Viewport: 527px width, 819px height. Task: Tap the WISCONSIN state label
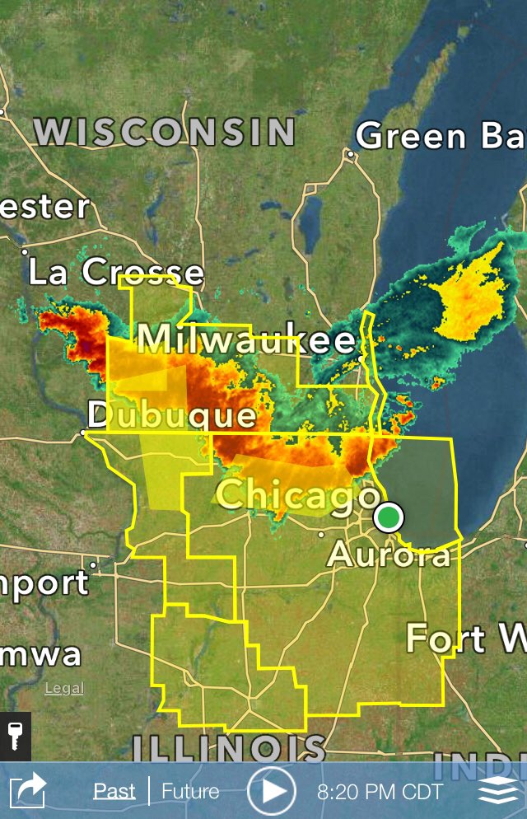[x=165, y=132]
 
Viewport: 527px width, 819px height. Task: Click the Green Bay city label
[x=441, y=136]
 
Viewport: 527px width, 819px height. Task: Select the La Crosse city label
[x=116, y=272]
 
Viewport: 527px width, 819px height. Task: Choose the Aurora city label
[x=389, y=554]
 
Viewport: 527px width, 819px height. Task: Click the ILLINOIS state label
[x=229, y=748]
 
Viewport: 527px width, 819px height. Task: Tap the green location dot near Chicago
[x=389, y=517]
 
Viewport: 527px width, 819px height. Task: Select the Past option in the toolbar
[x=114, y=792]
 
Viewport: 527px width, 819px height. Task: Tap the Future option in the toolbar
[x=190, y=792]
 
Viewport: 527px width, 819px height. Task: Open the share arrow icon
[x=30, y=792]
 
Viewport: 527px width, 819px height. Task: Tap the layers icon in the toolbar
[x=498, y=792]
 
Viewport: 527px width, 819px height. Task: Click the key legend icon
[x=14, y=736]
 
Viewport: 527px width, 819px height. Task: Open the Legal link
[x=64, y=689]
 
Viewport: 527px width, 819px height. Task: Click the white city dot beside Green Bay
[x=350, y=153]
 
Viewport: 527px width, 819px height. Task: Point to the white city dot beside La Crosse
[x=25, y=250]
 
